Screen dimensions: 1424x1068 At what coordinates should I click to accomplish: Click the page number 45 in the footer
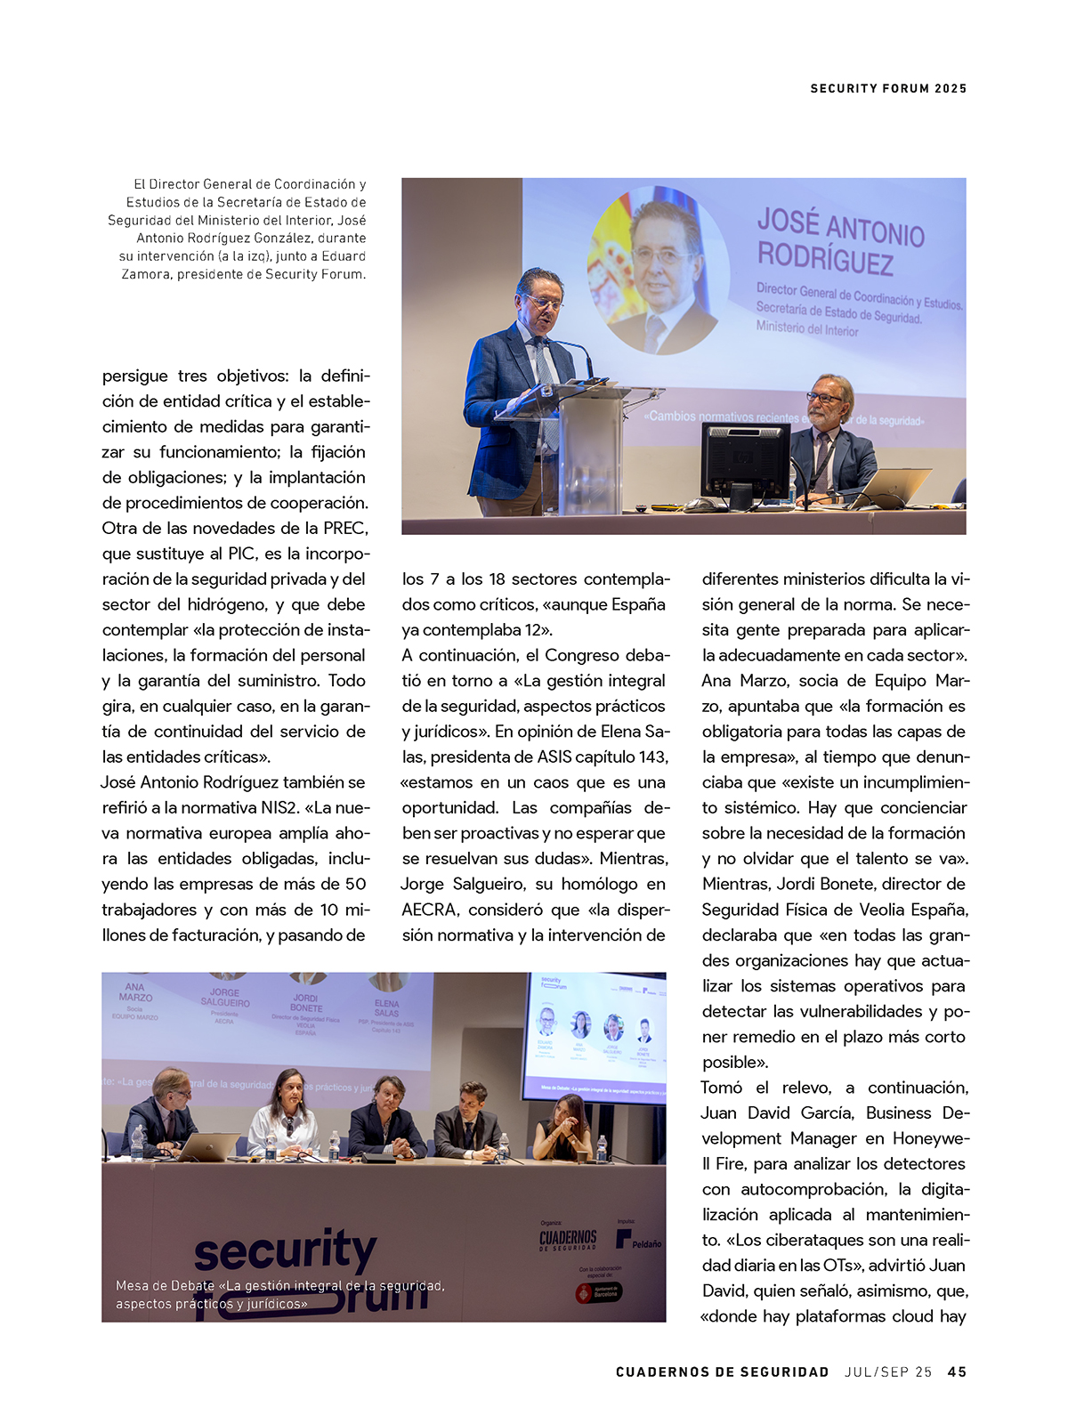pos(957,1371)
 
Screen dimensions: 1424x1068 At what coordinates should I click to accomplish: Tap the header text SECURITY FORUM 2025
pos(888,88)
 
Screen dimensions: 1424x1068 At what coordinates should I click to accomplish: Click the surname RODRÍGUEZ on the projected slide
pos(825,259)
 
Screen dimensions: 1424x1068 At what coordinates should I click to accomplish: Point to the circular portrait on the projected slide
pos(659,270)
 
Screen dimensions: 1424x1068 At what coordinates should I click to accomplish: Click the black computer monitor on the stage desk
pos(745,462)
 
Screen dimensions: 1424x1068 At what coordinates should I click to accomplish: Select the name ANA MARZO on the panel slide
pos(135,992)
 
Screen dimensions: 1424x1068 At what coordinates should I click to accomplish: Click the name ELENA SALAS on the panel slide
pos(386,1008)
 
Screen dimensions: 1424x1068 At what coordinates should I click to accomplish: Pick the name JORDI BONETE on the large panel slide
pos(306,1003)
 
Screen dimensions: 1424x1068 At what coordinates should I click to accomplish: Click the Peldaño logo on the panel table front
pos(639,1241)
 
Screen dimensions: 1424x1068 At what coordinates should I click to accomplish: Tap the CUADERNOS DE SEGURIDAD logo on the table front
pos(568,1240)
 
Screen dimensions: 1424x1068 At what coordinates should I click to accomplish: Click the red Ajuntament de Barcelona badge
pos(599,1293)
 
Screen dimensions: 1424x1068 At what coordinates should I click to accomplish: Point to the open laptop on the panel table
pos(208,1146)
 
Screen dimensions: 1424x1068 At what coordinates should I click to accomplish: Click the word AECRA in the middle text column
pos(430,910)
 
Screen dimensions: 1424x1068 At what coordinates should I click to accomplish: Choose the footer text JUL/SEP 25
pos(888,1371)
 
